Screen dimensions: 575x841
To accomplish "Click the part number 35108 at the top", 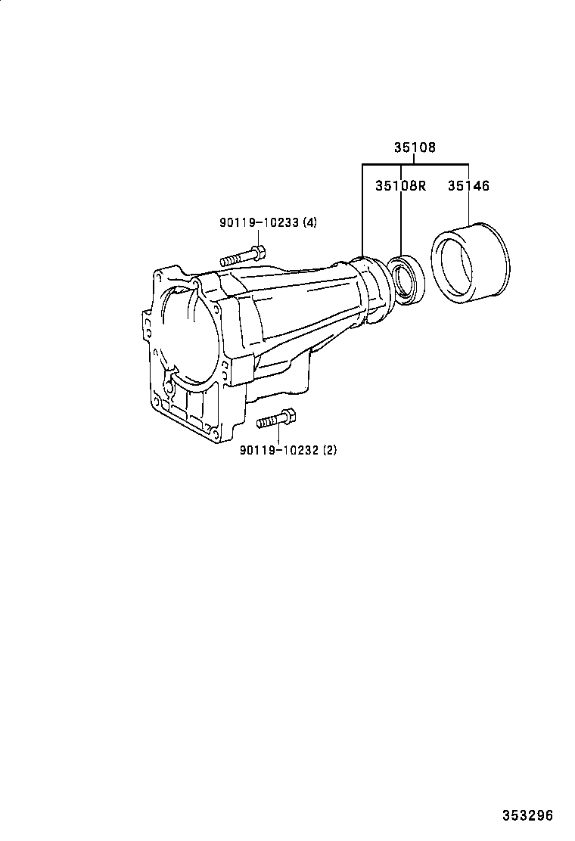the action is [x=414, y=148].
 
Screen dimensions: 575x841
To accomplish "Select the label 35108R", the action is [x=400, y=185].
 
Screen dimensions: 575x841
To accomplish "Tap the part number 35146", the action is [x=468, y=185].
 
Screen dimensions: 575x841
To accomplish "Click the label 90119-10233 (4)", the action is [x=268, y=222].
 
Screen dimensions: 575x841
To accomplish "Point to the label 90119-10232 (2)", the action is [x=287, y=449].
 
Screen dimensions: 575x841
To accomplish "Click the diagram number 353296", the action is [x=528, y=815].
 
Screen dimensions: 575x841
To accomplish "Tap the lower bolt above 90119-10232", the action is [x=276, y=419].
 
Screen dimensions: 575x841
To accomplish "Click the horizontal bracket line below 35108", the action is [x=415, y=164].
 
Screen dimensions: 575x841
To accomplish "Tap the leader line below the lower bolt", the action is [x=278, y=435].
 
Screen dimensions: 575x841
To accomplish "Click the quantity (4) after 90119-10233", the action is [x=309, y=222].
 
